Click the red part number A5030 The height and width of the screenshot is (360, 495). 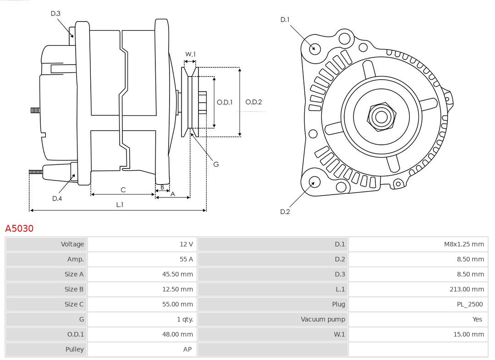(x=19, y=228)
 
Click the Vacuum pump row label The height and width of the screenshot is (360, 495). (x=323, y=319)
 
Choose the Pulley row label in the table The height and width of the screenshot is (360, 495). (x=74, y=349)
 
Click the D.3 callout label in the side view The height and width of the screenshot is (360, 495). (x=55, y=13)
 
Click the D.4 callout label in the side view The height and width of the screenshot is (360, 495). (x=57, y=198)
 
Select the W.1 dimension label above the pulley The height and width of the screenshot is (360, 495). (x=190, y=54)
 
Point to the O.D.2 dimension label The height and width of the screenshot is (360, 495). (x=253, y=102)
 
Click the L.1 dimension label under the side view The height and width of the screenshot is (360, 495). (x=119, y=205)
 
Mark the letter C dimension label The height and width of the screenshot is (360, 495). (x=123, y=190)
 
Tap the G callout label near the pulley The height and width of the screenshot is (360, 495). (x=216, y=164)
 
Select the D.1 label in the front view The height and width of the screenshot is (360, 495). (x=285, y=20)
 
